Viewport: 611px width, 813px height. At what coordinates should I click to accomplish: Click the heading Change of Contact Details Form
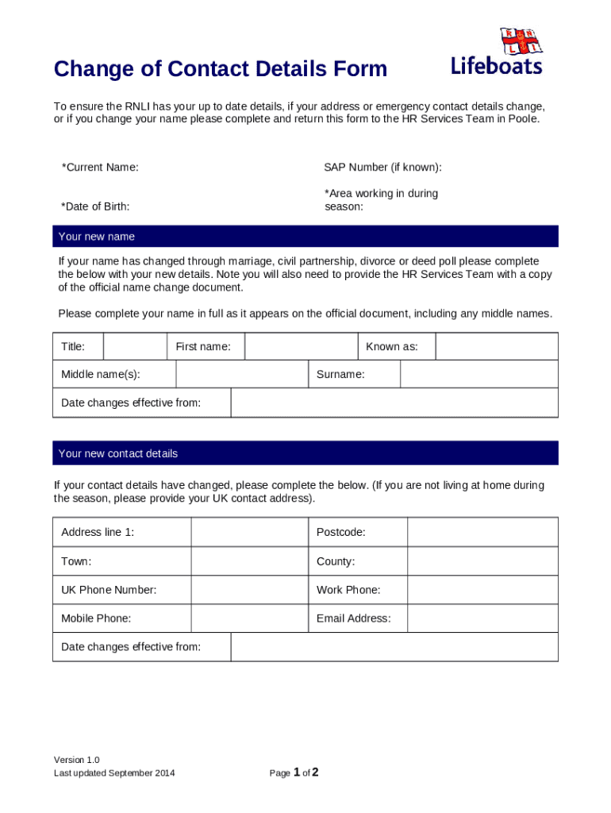[x=221, y=70]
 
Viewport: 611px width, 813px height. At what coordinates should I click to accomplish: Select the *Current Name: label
[x=100, y=168]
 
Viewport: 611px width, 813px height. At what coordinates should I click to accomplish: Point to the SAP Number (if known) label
[x=382, y=168]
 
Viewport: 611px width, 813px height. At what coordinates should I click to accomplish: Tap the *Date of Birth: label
[x=95, y=206]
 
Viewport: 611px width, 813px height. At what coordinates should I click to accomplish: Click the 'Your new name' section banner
[x=305, y=237]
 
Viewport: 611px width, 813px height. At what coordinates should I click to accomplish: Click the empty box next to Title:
[x=135, y=347]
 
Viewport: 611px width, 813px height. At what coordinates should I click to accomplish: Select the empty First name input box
[x=301, y=347]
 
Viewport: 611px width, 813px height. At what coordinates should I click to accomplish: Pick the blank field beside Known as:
[x=497, y=347]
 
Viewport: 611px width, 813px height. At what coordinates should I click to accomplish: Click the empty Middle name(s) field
[x=241, y=374]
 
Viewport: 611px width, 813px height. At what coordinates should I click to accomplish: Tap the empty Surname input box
[x=478, y=374]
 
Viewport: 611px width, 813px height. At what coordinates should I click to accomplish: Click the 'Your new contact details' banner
[x=305, y=453]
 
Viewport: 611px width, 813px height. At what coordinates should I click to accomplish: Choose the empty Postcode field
[x=482, y=532]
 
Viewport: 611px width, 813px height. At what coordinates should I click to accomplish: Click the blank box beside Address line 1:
[x=248, y=532]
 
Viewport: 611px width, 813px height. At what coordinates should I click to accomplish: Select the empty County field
[x=482, y=561]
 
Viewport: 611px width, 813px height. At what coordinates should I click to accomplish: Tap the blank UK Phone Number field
[x=248, y=590]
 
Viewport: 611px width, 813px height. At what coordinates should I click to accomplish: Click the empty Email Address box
[x=482, y=618]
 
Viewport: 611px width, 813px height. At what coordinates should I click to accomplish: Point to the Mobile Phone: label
[x=96, y=618]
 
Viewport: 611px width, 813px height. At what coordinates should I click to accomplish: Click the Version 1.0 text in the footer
[x=76, y=760]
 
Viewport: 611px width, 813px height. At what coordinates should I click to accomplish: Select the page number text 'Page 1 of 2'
[x=294, y=773]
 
